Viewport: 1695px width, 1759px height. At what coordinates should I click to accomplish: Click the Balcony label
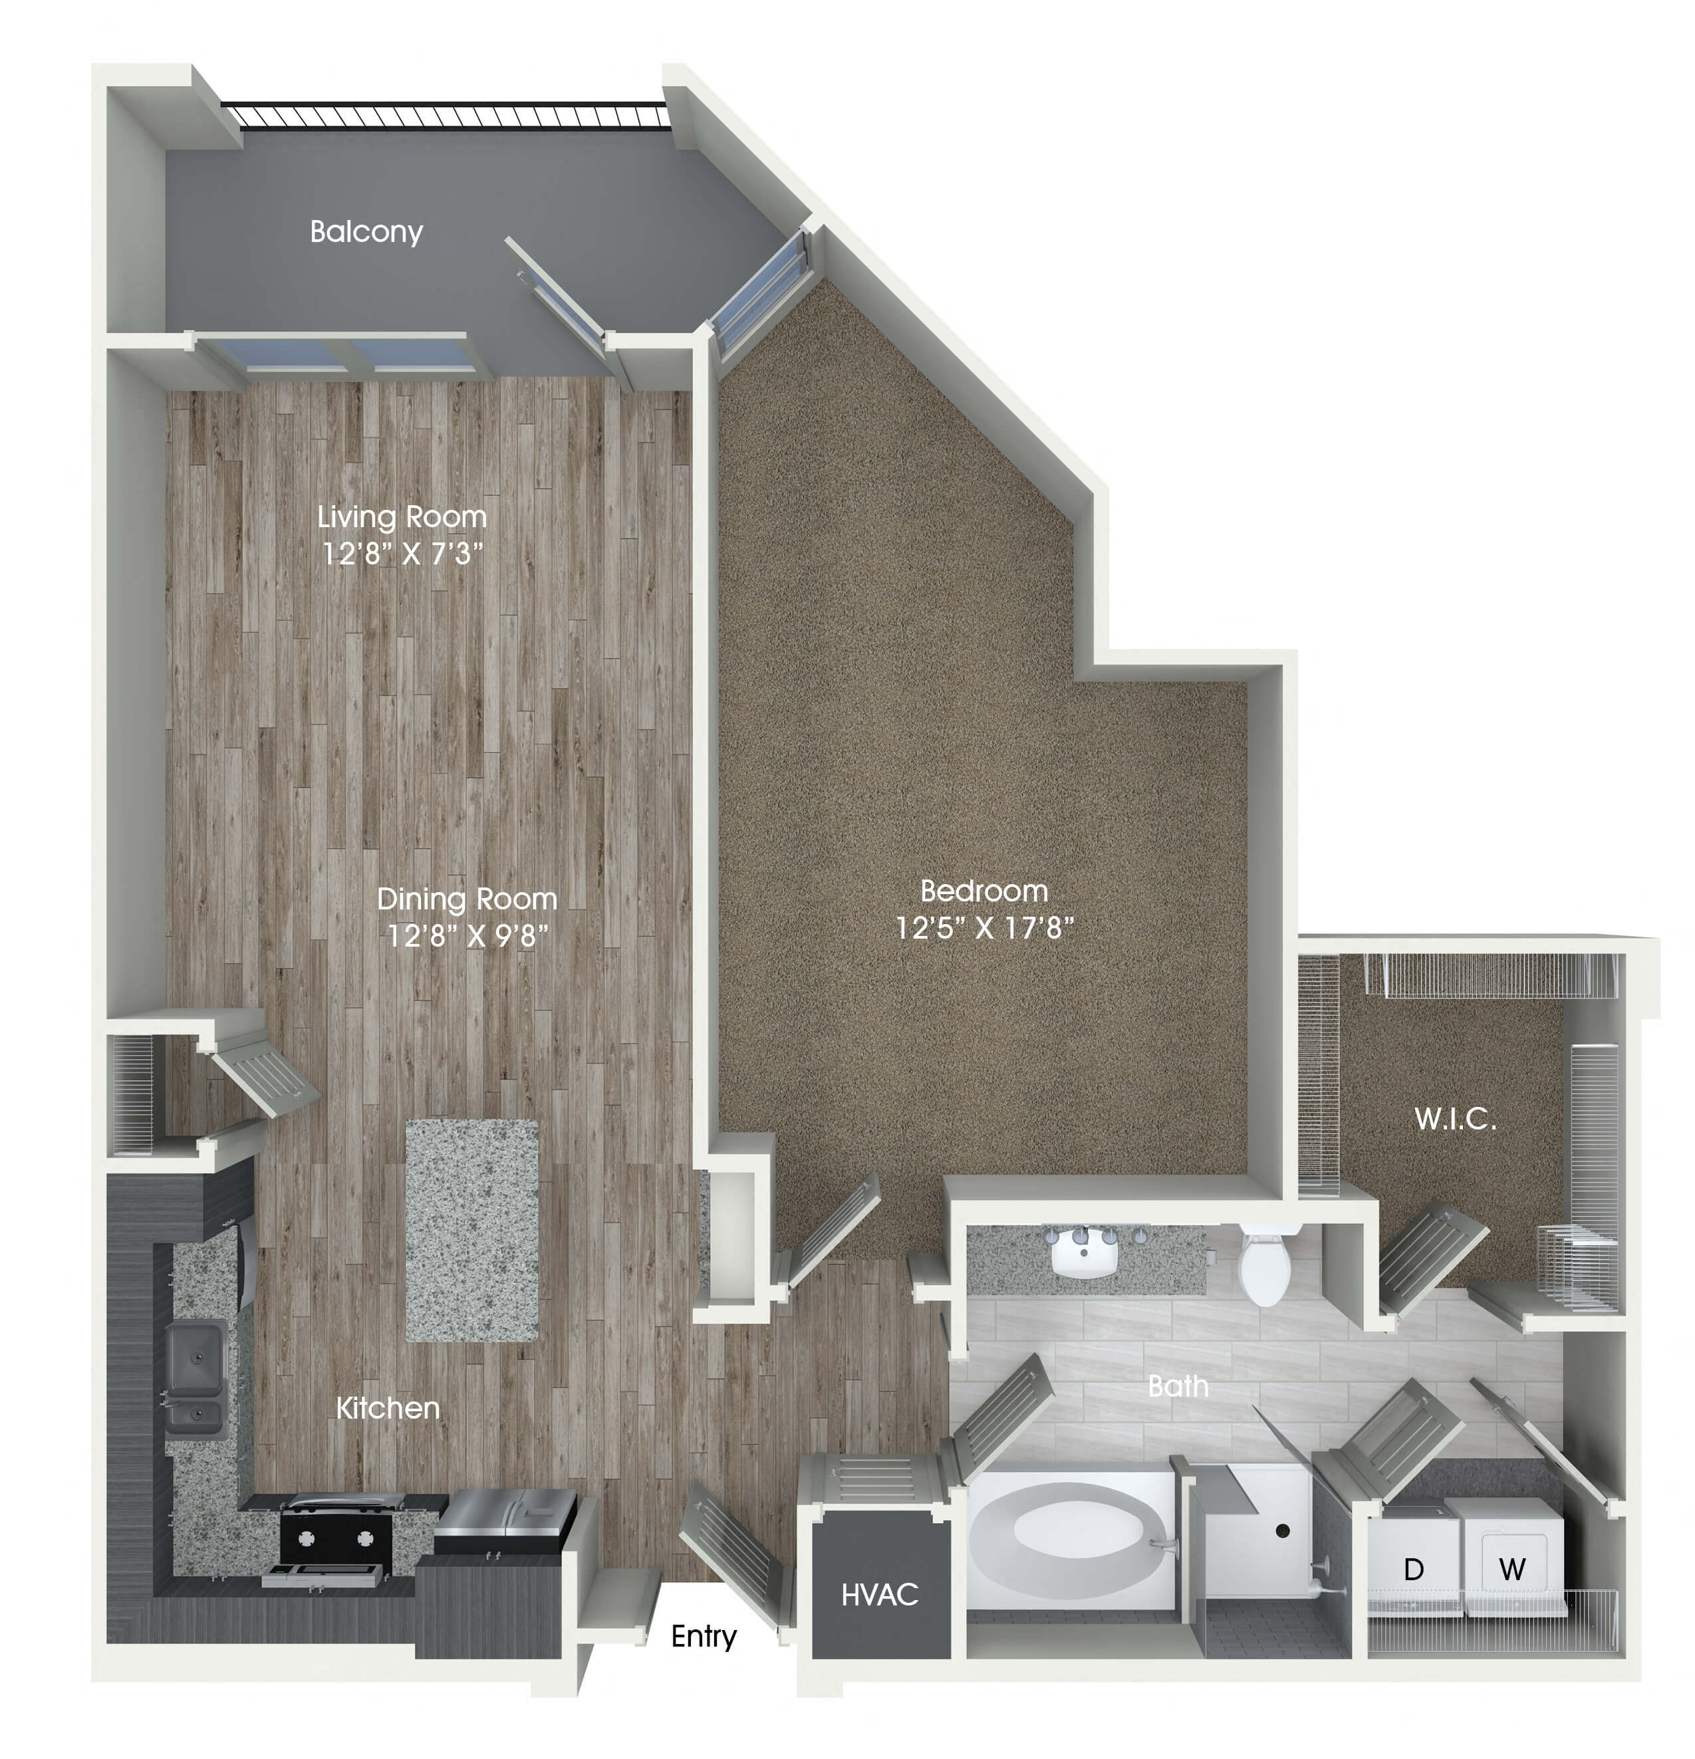tap(366, 231)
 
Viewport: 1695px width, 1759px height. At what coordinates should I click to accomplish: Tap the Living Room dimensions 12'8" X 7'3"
tap(402, 554)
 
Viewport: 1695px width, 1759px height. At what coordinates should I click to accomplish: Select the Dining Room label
tap(467, 898)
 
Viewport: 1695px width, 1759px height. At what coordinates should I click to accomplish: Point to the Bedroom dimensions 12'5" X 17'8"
tap(985, 927)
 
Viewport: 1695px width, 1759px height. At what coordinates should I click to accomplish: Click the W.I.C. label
tap(1454, 1119)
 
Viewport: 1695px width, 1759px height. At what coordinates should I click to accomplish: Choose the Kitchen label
tap(388, 1407)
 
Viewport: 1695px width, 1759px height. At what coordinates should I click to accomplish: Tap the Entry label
tap(704, 1635)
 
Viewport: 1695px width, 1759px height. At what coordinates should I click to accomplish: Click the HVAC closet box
tap(880, 1592)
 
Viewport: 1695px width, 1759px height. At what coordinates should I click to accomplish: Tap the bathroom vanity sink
tap(1085, 1252)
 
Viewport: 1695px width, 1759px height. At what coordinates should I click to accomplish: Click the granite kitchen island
tap(472, 1230)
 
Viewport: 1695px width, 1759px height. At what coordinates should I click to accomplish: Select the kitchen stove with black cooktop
tap(336, 1536)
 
